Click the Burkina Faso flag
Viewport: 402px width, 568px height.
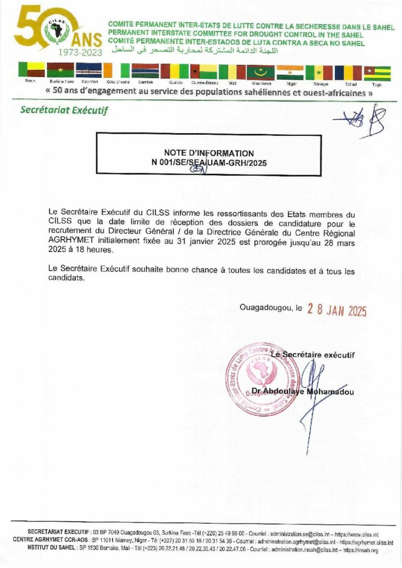pyautogui.click(x=60, y=70)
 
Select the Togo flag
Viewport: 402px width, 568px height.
pyautogui.click(x=377, y=73)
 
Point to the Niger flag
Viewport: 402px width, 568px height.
pyautogui.click(x=291, y=72)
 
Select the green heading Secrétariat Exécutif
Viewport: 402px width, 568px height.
pyautogui.click(x=64, y=110)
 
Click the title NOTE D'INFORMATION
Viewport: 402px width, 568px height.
pyautogui.click(x=208, y=153)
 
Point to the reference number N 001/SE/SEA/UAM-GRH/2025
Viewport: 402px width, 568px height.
pyautogui.click(x=208, y=163)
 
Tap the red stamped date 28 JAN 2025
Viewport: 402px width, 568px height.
pyautogui.click(x=337, y=311)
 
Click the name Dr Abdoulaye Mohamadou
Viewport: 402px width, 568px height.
pyautogui.click(x=302, y=391)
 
